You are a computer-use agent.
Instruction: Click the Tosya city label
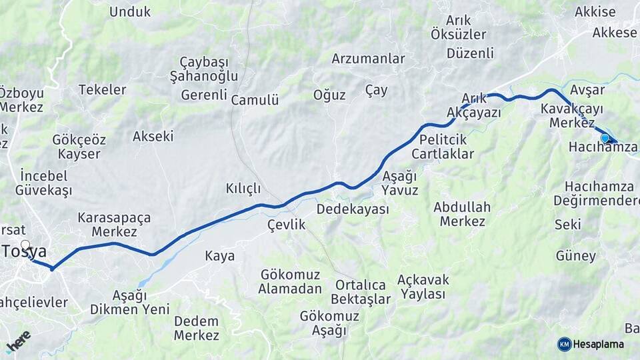(25, 252)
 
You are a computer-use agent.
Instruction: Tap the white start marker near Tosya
(25, 245)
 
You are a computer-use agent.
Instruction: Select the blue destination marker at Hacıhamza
(605, 138)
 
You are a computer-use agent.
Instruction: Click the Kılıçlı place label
(243, 189)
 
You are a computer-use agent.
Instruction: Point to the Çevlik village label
(286, 225)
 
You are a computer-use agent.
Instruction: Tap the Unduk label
(130, 12)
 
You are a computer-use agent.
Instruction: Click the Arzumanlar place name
(368, 59)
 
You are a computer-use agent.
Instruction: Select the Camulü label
(255, 101)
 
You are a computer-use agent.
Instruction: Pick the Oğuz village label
(329, 95)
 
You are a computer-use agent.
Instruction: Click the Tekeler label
(102, 90)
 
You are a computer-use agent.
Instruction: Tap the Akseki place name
(153, 137)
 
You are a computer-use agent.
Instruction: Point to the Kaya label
(220, 256)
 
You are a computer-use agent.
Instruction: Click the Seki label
(567, 225)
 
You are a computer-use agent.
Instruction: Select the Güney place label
(575, 256)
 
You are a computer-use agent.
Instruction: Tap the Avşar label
(587, 90)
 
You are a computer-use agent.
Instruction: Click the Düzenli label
(471, 53)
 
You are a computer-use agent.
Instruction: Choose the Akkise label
(595, 12)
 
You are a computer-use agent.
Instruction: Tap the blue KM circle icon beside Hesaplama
(565, 344)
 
